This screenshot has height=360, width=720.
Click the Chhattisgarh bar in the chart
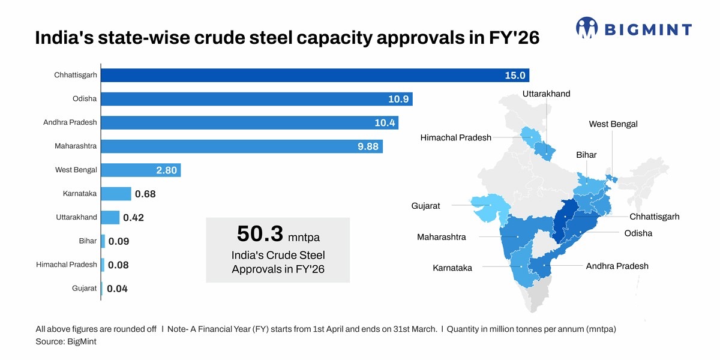pos(315,75)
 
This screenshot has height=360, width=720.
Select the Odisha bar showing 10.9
pos(257,99)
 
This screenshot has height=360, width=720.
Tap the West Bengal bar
pos(141,170)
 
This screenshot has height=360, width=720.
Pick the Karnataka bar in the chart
pos(116,194)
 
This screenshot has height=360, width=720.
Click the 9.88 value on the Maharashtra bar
pos(368,146)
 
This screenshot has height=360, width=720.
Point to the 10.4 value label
pos(385,123)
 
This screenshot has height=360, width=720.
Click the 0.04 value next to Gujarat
pos(118,289)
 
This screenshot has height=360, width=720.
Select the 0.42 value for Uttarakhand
pos(133,218)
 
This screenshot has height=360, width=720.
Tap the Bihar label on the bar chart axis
pos(88,241)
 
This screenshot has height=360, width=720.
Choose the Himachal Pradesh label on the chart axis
pos(67,265)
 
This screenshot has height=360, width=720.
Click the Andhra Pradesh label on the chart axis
pos(70,122)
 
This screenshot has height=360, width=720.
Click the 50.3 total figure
pos(260,233)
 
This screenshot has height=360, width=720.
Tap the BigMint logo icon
pos(587,28)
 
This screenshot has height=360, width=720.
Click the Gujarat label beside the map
pos(425,206)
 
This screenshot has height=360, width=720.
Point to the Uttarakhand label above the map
pos(547,94)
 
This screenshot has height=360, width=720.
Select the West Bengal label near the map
pos(613,124)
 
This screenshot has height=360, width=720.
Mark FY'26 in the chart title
pos(514,38)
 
